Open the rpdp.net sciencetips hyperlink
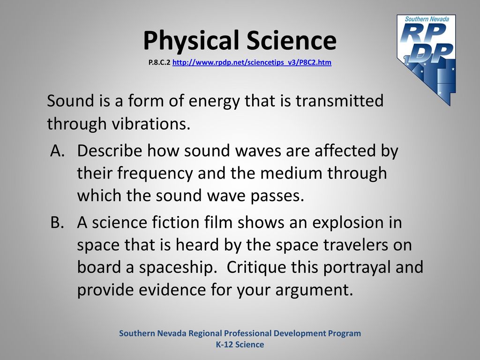252,62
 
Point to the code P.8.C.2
159,62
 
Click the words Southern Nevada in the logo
427,19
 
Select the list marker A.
58,150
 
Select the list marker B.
58,222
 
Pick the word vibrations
150,124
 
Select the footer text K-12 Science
240,345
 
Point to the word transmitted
339,101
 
